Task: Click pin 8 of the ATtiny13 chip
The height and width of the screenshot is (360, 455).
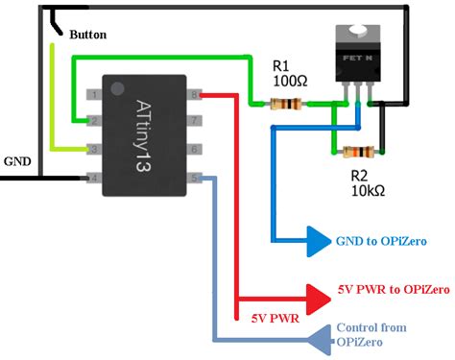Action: tap(194, 94)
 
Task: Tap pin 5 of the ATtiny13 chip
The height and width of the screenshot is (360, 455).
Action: tap(194, 177)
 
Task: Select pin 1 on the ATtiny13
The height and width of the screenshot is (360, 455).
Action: tap(94, 94)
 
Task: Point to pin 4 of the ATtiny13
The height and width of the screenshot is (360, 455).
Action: tap(94, 177)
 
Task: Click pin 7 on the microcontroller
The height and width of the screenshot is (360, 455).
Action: tap(194, 122)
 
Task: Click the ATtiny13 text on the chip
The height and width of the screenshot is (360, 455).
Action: tap(143, 134)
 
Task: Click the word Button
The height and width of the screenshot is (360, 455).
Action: tap(88, 35)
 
